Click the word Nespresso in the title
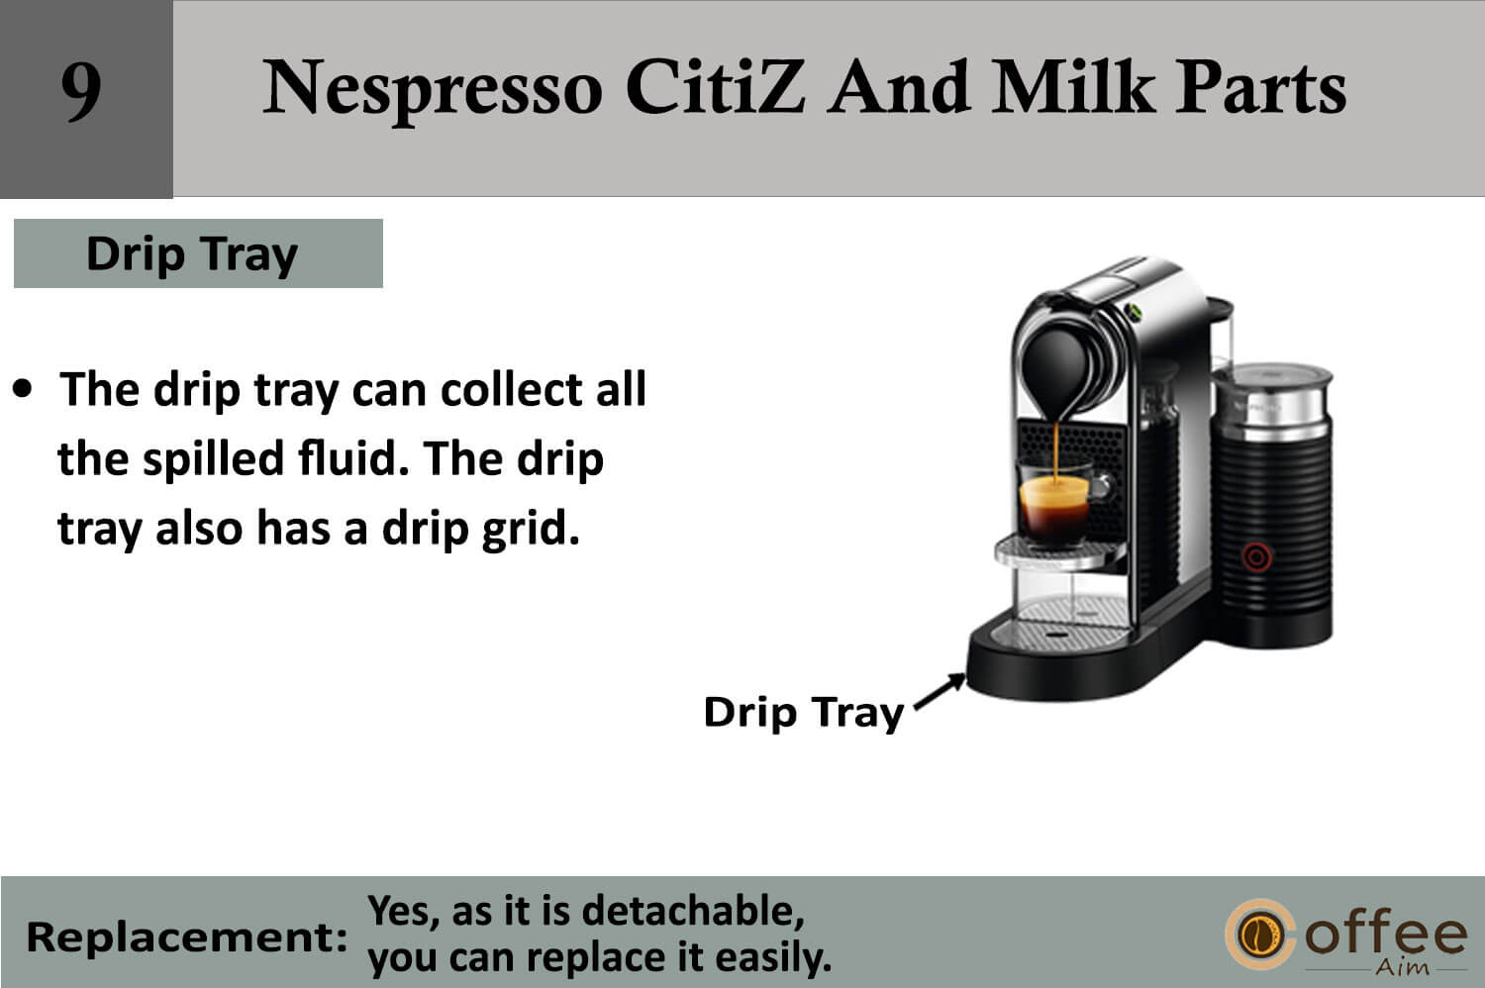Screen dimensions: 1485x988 (433, 89)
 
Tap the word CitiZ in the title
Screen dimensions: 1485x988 (716, 87)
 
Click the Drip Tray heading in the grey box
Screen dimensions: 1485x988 (192, 254)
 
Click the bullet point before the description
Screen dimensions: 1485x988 (23, 389)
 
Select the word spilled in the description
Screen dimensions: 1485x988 (214, 460)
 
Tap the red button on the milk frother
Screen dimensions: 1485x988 (1256, 557)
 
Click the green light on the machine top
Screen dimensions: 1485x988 (1133, 311)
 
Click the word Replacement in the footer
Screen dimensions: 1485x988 (186, 938)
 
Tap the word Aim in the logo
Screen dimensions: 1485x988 (1402, 967)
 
